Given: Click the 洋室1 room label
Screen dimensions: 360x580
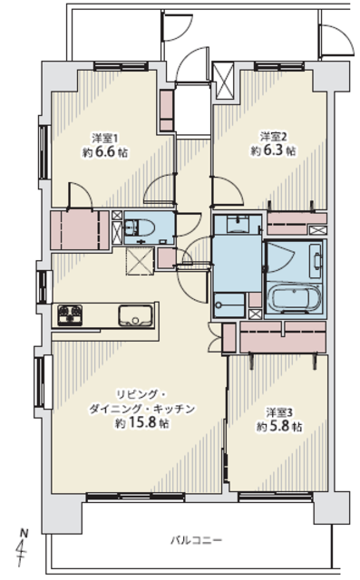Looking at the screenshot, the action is (x=105, y=139).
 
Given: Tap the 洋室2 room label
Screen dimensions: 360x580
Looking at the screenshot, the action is (x=273, y=137).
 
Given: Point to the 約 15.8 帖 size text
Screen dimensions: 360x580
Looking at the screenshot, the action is (x=141, y=423).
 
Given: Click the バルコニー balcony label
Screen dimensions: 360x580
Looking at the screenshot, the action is (x=196, y=540).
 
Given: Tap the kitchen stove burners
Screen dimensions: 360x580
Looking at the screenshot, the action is (x=70, y=315).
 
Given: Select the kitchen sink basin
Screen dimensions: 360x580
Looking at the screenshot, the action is (x=136, y=316).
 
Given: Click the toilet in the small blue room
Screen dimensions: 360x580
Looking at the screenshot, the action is (x=139, y=227).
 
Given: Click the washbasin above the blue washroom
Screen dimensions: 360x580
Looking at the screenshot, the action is (x=238, y=224).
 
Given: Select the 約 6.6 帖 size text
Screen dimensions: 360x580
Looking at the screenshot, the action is (x=105, y=152).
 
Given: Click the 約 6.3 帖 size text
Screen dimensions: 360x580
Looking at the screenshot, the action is (x=274, y=150).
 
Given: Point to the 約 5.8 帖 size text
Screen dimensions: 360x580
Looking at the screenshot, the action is (x=279, y=426).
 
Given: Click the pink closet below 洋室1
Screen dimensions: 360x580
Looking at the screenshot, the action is (x=80, y=230).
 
